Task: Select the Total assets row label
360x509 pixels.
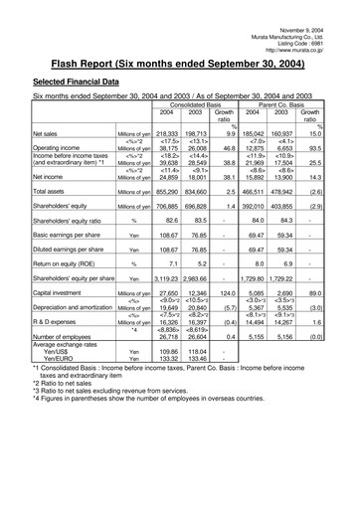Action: coord(50,190)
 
